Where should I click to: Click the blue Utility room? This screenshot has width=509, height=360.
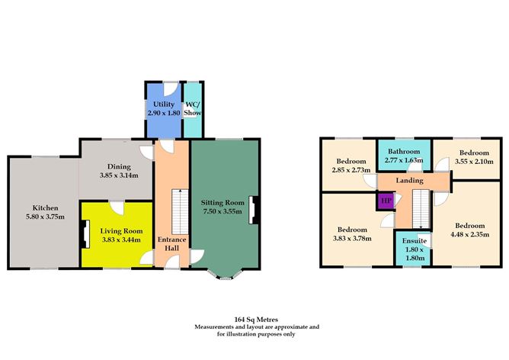click(x=162, y=107)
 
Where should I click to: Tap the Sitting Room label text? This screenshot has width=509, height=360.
click(x=223, y=202)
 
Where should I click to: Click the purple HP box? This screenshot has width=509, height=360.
click(x=385, y=201)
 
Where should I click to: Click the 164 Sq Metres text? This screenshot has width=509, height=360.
click(x=254, y=320)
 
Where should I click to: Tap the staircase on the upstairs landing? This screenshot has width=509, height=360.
click(x=418, y=207)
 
